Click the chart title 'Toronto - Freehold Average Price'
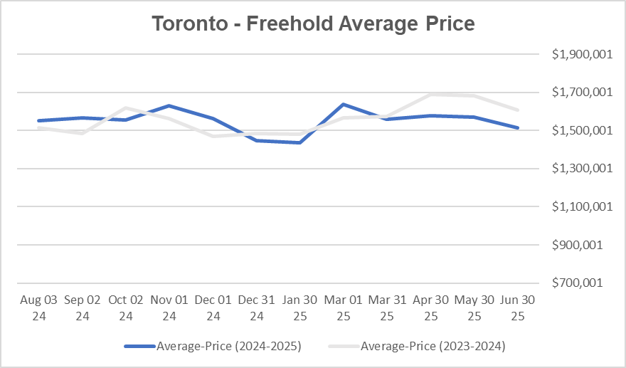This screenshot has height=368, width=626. [x=313, y=23]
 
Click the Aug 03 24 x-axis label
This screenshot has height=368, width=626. [x=38, y=307]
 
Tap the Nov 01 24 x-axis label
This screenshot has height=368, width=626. [x=169, y=307]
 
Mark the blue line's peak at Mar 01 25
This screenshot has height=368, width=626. [x=344, y=105]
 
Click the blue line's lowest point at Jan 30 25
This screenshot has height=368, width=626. [x=299, y=142]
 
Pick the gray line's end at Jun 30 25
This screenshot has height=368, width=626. [x=518, y=110]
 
